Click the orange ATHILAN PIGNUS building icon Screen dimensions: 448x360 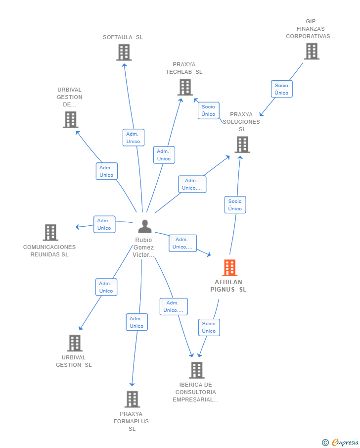coord(229,268)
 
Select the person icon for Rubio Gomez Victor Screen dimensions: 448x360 coord(145,226)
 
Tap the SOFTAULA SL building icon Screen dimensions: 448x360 coord(124,52)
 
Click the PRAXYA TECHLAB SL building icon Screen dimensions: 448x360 coord(185,87)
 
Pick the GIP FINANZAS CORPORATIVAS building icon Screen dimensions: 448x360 coord(312,51)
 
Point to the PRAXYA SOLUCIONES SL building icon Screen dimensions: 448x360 coord(242,145)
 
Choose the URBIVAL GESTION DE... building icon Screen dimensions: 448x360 coord(71,119)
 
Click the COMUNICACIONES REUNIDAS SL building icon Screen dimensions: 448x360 coord(50,232)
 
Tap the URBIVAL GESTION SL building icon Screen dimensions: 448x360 coord(75,343)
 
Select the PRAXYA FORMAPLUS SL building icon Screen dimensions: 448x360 coord(132,399)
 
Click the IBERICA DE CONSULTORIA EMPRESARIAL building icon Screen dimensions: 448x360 coord(197,370)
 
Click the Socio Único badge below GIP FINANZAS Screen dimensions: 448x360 coord(281,89)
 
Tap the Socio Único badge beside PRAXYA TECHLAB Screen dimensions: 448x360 coord(208,110)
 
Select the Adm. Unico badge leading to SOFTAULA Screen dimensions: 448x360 coord(133,138)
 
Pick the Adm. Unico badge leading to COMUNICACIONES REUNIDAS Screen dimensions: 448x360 coord(104,224)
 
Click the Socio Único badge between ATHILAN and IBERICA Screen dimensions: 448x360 coord(209,327)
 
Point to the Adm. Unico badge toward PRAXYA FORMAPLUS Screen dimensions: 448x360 coord(136,322)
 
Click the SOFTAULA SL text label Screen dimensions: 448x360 coord(123,37)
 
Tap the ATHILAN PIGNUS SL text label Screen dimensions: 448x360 coord(228,286)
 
